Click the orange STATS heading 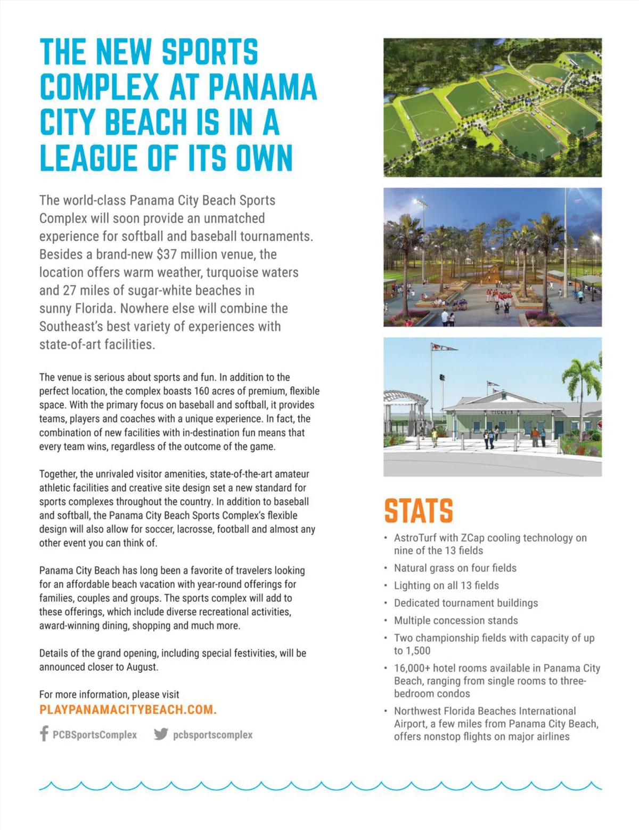pyautogui.click(x=419, y=511)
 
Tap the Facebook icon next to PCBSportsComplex pyautogui.click(x=44, y=734)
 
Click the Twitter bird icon pyautogui.click(x=161, y=734)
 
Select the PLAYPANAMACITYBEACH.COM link pyautogui.click(x=128, y=710)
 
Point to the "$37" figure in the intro pyautogui.click(x=167, y=254)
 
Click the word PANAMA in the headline pyautogui.click(x=263, y=87)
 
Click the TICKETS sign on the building pyautogui.click(x=502, y=412)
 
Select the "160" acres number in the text pyautogui.click(x=202, y=391)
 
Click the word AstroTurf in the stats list pyautogui.click(x=415, y=538)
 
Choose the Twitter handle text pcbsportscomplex pyautogui.click(x=212, y=735)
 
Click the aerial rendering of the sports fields pyautogui.click(x=493, y=108)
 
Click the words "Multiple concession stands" pyautogui.click(x=456, y=621)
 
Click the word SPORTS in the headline pyautogui.click(x=209, y=52)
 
